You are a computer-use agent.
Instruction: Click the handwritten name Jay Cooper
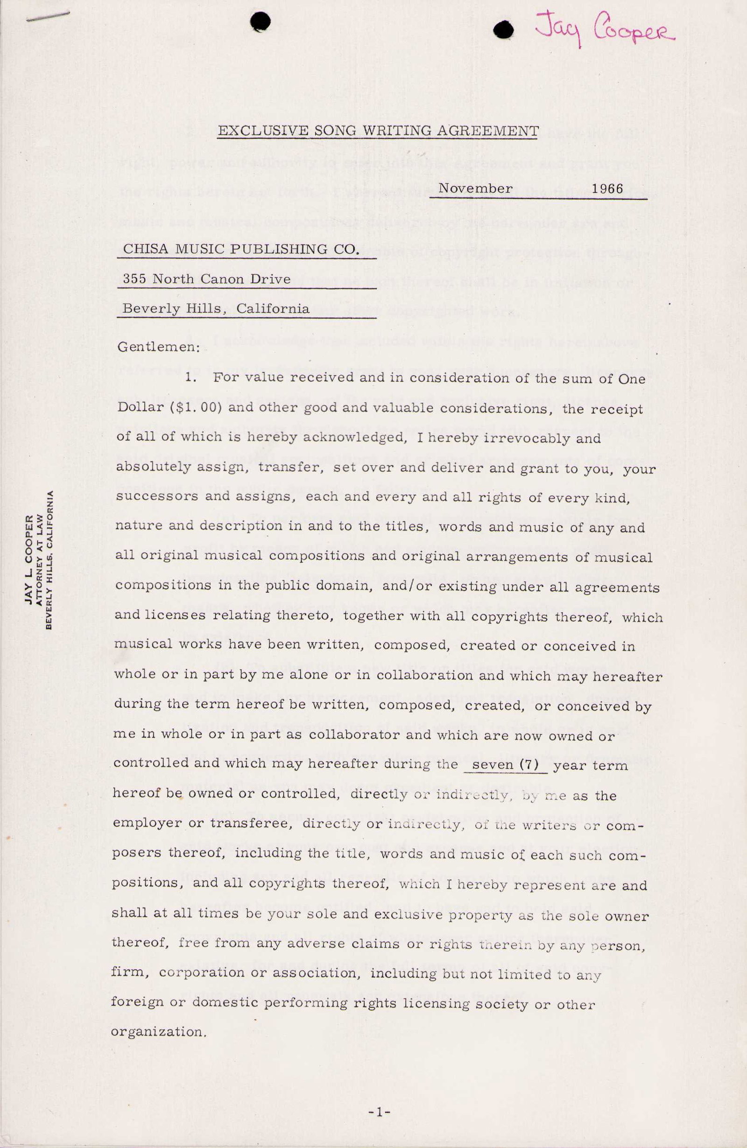click(604, 30)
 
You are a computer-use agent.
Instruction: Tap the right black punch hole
click(504, 30)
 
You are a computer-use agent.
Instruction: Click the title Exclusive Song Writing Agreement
click(378, 131)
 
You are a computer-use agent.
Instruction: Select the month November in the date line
click(475, 189)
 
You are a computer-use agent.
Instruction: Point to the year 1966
click(607, 189)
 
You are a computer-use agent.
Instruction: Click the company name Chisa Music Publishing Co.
click(241, 249)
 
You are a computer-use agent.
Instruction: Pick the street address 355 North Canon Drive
click(206, 279)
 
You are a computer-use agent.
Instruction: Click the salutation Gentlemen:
click(159, 347)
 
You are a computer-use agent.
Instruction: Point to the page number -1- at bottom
click(379, 1113)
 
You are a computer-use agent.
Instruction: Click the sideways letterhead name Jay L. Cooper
click(30, 560)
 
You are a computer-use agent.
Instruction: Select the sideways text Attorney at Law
click(40, 560)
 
